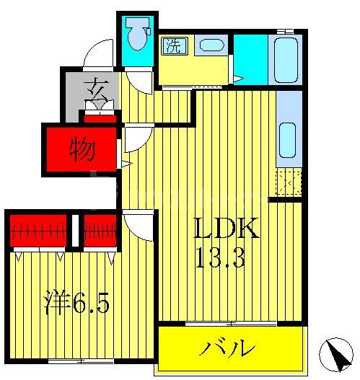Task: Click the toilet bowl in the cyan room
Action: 136,32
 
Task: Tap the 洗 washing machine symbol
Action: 174,46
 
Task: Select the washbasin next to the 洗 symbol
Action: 210,45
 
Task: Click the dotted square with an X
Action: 288,184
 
